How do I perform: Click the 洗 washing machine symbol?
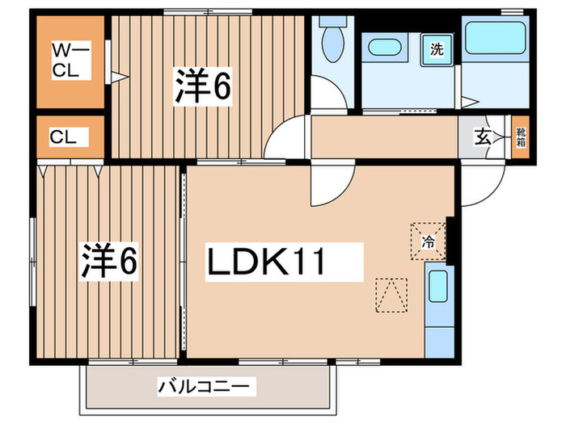pos(437,48)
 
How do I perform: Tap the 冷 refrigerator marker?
pos(429,239)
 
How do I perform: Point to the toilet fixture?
pos(332,40)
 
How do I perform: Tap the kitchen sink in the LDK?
pos(437,286)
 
